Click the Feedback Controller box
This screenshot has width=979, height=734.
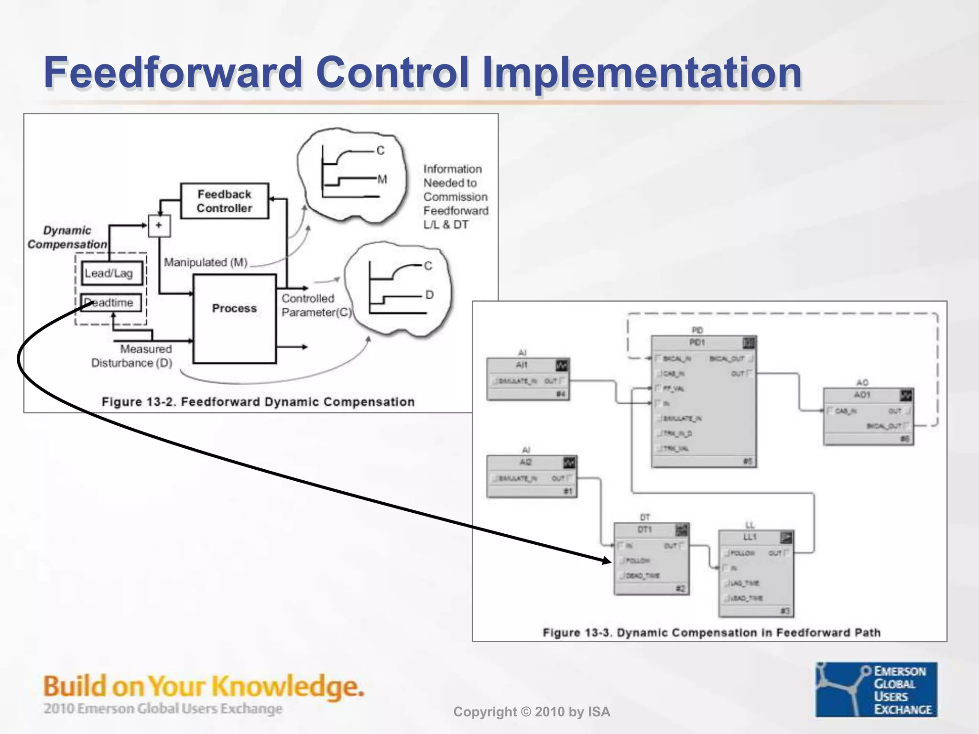pos(224,201)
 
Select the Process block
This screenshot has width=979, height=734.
pos(234,318)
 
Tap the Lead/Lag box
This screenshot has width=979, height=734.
pos(112,273)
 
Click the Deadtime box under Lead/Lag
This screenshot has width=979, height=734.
pos(111,302)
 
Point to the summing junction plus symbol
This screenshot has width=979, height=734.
pos(159,225)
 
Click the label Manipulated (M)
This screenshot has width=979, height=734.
pos(206,262)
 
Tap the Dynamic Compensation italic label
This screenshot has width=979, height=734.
pos(67,237)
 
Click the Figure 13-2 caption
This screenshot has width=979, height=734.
pos(258,402)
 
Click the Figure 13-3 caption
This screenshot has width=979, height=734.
pos(711,633)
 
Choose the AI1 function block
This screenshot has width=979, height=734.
pos(528,379)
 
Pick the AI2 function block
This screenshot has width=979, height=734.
pos(531,476)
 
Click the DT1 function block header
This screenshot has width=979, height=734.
pos(651,530)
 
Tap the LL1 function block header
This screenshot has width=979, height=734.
pos(756,537)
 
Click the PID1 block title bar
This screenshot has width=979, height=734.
pos(703,343)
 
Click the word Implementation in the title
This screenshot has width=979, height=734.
pos(642,73)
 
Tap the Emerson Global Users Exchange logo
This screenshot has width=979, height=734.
pos(876,689)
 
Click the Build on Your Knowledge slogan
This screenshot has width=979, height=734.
pos(204,687)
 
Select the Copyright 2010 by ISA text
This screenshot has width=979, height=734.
pos(532,712)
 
